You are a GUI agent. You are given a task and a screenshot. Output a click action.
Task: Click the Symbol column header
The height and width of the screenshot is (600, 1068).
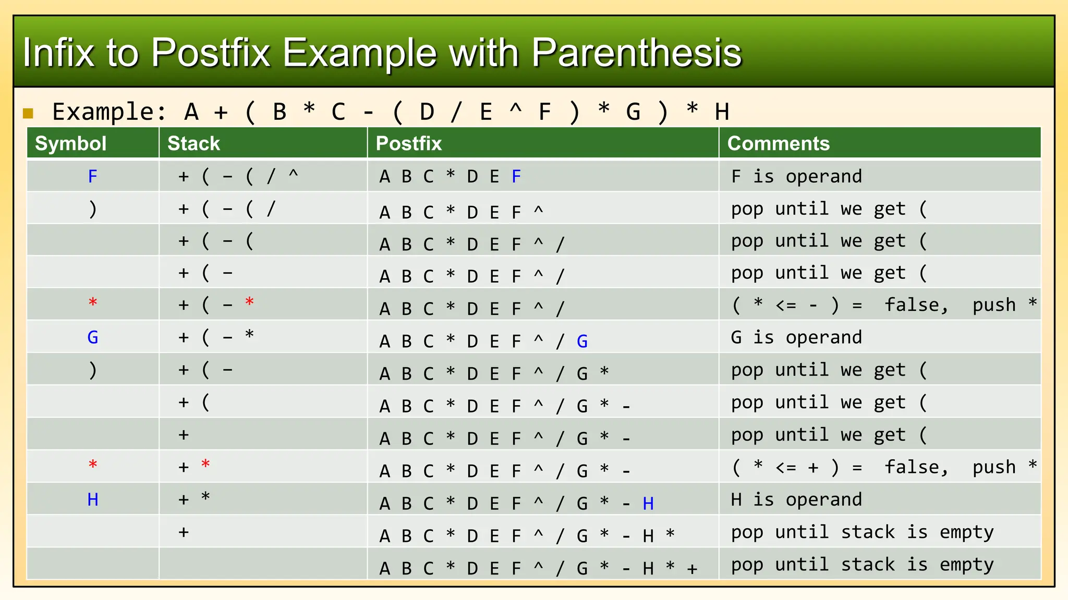coord(70,143)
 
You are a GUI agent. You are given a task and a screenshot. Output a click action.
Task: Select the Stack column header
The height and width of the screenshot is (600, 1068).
coord(193,143)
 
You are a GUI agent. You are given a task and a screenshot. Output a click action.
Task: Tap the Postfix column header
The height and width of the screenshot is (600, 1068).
coord(408,143)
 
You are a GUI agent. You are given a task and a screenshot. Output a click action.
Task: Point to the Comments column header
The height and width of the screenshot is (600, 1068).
coord(778,143)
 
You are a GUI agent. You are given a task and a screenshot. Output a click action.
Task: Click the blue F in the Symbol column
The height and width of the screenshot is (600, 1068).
coord(93,177)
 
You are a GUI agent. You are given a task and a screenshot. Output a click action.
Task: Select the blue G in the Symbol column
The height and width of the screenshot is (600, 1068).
coord(93,337)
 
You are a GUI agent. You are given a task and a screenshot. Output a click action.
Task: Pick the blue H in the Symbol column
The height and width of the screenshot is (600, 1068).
coord(93,499)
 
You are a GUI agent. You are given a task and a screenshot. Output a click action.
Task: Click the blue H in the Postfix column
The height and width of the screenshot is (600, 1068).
coord(648,504)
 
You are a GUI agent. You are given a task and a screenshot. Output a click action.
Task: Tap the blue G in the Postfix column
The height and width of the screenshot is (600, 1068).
coord(582,342)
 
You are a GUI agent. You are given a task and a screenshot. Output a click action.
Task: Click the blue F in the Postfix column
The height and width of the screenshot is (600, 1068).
coord(516,177)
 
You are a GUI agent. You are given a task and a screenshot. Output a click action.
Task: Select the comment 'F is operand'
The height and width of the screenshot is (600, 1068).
coord(796,177)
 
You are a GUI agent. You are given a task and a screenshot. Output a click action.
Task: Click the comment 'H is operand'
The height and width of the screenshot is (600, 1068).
coord(796,499)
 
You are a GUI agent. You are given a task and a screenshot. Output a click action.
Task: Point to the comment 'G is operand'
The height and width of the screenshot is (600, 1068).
coord(796,337)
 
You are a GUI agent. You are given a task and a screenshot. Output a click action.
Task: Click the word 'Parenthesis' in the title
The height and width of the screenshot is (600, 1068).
coord(636,53)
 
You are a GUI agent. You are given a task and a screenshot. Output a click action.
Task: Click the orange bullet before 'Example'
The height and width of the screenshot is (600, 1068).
coord(28,113)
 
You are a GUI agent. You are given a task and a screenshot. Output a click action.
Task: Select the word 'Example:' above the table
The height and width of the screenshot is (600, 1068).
coord(110,112)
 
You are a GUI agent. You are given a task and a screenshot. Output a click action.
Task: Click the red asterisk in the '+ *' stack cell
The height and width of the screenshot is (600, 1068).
coord(205,464)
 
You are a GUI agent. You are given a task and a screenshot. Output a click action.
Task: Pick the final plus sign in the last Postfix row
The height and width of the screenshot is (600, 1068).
coord(692,569)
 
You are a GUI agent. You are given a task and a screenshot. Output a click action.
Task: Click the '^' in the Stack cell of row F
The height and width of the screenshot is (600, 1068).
coord(294,174)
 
